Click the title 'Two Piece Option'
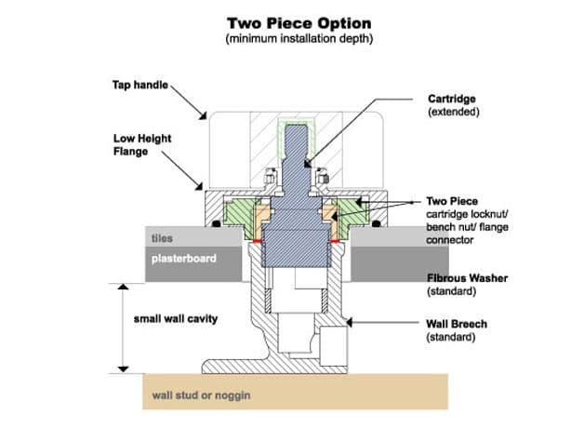tap(299, 23)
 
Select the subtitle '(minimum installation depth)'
tap(299, 38)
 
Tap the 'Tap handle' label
tap(140, 85)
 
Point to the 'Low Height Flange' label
tap(142, 144)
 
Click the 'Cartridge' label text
tap(452, 99)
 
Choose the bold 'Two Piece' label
tap(452, 201)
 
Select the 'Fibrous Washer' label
tap(467, 278)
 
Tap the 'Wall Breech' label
tap(457, 324)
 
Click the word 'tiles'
tap(162, 238)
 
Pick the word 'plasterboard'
tap(184, 259)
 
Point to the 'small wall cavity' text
tap(176, 319)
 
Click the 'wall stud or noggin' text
tap(201, 396)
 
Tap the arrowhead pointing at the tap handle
tap(203, 115)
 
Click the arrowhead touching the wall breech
tap(349, 322)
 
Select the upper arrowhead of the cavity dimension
tap(123, 287)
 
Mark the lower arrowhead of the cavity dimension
tap(123, 369)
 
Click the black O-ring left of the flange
tap(215, 223)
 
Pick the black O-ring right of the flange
tap(377, 223)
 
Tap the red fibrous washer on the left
tap(257, 241)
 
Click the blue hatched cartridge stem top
tap(297, 133)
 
